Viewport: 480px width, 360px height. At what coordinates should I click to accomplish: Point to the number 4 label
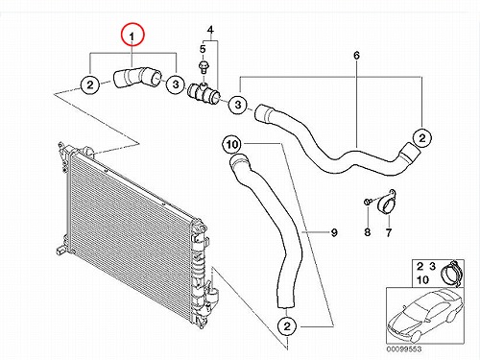pyautogui.click(x=210, y=30)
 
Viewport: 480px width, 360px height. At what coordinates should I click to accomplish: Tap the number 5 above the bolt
pyautogui.click(x=203, y=49)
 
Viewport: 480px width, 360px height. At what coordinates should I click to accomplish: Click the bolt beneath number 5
pyautogui.click(x=203, y=67)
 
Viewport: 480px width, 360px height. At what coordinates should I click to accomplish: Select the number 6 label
pyautogui.click(x=356, y=56)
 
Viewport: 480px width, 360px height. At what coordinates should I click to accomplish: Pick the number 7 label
pyautogui.click(x=389, y=232)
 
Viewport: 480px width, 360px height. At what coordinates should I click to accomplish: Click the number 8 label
pyautogui.click(x=368, y=232)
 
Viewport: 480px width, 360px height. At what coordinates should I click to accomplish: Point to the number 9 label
pyautogui.click(x=334, y=232)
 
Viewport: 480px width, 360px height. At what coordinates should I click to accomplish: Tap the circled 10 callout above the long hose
pyautogui.click(x=232, y=145)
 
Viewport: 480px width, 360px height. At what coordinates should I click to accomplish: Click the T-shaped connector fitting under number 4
pyautogui.click(x=204, y=92)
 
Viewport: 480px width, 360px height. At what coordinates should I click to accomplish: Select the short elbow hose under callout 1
pyautogui.click(x=136, y=77)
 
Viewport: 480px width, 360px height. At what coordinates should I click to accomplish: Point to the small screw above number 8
pyautogui.click(x=368, y=202)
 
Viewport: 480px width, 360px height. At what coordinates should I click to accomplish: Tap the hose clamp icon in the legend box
pyautogui.click(x=451, y=272)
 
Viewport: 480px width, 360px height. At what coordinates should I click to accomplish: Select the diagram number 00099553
pyautogui.click(x=404, y=348)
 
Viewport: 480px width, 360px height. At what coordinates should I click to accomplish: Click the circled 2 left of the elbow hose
pyautogui.click(x=90, y=84)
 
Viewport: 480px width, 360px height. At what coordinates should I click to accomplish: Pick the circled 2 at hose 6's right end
pyautogui.click(x=422, y=138)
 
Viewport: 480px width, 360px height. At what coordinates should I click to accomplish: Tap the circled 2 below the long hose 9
pyautogui.click(x=287, y=326)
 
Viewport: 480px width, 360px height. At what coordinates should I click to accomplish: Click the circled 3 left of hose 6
pyautogui.click(x=238, y=105)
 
